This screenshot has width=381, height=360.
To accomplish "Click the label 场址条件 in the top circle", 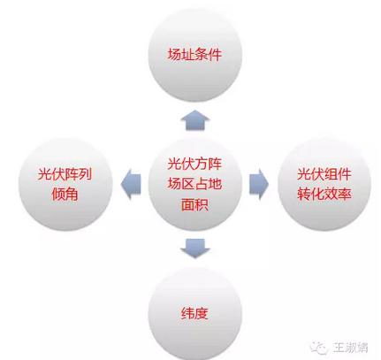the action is click(x=194, y=55).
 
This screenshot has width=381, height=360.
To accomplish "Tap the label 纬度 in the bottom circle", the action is click(x=194, y=313).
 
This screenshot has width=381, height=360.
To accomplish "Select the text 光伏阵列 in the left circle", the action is click(x=65, y=174).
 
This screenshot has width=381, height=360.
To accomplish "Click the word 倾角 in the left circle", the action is click(x=65, y=194).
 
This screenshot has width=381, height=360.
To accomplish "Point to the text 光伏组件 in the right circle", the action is click(x=324, y=174).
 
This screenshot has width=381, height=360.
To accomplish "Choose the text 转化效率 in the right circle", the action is click(x=324, y=194).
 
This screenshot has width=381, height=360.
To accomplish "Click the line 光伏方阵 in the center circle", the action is click(x=194, y=164).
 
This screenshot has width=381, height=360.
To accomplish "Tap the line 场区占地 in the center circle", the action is click(x=194, y=184).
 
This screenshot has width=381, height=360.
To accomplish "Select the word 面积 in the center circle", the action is click(x=194, y=204).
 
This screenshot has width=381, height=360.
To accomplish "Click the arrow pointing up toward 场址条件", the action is click(x=194, y=120).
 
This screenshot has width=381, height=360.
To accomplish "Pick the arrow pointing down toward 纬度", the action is click(x=194, y=249).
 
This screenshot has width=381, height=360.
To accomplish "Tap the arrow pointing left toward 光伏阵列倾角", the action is click(x=131, y=184).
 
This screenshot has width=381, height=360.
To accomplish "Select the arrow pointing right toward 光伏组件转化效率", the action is click(x=259, y=184).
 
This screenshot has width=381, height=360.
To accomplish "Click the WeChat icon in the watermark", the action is click(x=319, y=348).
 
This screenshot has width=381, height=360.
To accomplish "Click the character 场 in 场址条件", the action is click(x=174, y=55).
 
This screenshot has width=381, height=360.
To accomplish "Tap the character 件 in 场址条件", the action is click(x=215, y=55).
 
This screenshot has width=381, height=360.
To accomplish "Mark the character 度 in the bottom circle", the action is click(x=202, y=313).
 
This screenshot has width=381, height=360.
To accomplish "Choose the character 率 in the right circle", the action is click(x=345, y=194).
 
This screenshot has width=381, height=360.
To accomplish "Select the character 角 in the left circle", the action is click(x=72, y=194).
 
